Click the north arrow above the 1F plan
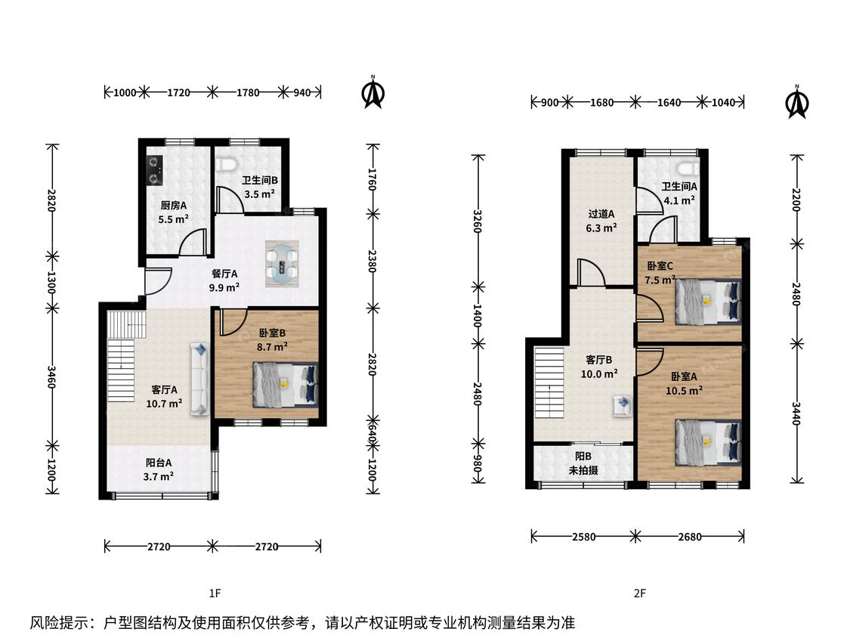[373, 92]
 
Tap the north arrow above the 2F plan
[797, 102]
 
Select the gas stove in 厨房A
[155, 170]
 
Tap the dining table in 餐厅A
[282, 264]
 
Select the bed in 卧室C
[708, 302]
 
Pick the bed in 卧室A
[708, 443]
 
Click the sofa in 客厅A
[199, 379]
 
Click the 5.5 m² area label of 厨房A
[174, 219]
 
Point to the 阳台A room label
[159, 463]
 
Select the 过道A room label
[601, 214]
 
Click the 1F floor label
[215, 593]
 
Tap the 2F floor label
[640, 593]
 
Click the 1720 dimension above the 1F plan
[178, 92]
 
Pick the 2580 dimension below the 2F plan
[583, 537]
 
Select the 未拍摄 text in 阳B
[583, 470]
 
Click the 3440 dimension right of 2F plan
[796, 413]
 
